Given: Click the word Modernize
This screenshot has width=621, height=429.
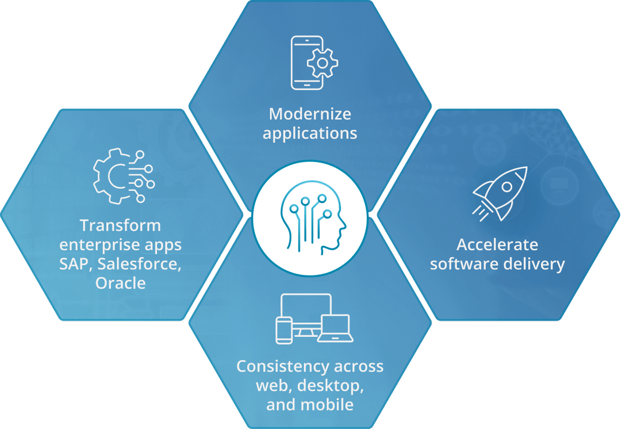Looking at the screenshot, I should [310, 114].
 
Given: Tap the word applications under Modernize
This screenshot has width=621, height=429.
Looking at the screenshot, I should [310, 133].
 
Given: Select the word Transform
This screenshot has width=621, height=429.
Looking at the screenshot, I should [120, 225].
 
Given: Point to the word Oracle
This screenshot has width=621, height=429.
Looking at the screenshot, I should [120, 283].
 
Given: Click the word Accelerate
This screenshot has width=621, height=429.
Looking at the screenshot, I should [497, 244].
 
